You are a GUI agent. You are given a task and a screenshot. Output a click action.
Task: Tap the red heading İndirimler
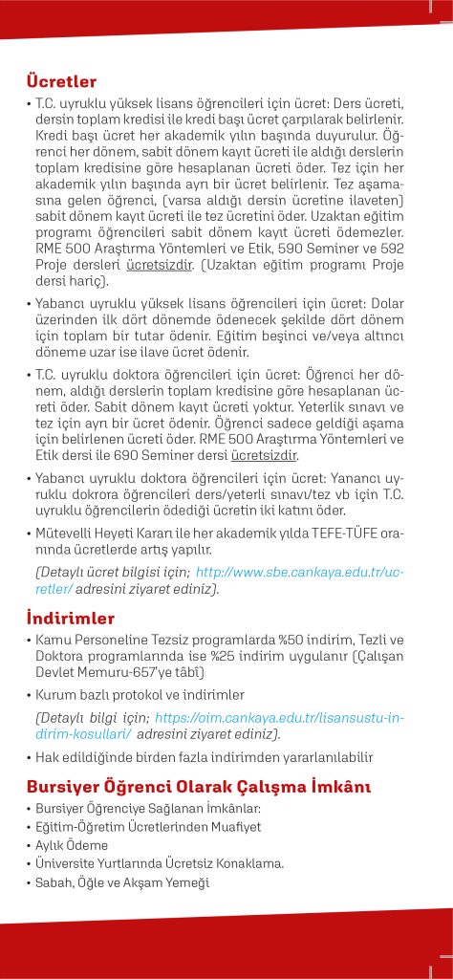71,618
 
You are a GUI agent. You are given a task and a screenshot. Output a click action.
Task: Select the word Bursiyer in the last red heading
65,787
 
